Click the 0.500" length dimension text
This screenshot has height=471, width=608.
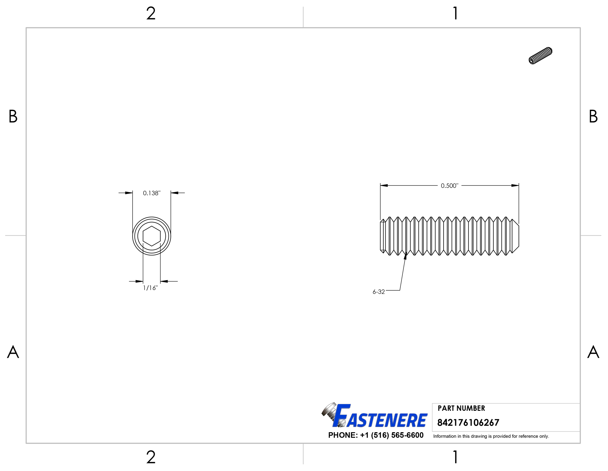(x=449, y=186)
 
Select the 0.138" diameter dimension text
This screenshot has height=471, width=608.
(x=151, y=193)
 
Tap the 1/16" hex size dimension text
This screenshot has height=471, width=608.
(x=150, y=288)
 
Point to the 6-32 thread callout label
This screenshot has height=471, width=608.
(x=378, y=292)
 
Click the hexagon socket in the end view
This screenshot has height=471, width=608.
(x=151, y=236)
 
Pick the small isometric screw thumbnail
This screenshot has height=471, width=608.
(x=540, y=55)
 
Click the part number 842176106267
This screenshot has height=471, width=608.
(x=468, y=423)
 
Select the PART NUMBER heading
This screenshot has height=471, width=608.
(x=461, y=408)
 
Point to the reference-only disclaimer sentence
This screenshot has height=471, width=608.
(x=491, y=436)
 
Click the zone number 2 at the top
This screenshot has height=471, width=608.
(x=151, y=14)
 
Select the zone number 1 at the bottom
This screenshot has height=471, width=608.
(x=455, y=457)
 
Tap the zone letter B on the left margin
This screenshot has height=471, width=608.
(x=13, y=116)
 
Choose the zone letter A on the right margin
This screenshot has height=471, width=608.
(x=593, y=352)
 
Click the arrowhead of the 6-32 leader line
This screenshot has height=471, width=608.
(x=405, y=256)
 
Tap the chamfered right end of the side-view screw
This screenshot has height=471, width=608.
(x=515, y=236)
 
